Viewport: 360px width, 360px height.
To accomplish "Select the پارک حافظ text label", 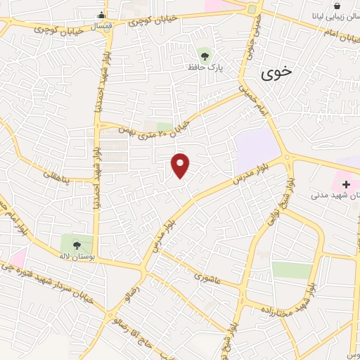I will coord(205,67).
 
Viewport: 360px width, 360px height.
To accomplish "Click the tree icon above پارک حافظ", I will coord(205,55).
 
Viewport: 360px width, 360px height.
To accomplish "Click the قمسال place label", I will coord(102,25).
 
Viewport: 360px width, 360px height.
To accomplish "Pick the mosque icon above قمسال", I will coord(102,14).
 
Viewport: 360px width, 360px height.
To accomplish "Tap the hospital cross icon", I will coord(346,184).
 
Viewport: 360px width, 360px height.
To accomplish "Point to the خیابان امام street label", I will coord(342,37).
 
